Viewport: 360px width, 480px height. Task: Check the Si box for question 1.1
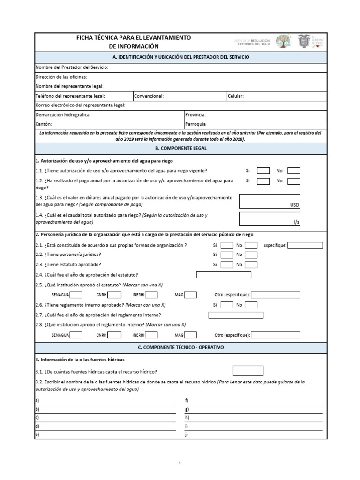(263, 171)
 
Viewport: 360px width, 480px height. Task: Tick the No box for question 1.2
(294, 181)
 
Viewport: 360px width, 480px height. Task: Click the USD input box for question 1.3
(270, 201)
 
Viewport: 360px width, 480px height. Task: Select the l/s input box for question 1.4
(270, 218)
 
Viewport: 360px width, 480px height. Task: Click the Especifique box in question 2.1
(305, 245)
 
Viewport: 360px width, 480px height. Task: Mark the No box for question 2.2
(251, 255)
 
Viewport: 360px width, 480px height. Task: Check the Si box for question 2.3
(227, 264)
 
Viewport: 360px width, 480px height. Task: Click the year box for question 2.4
(224, 275)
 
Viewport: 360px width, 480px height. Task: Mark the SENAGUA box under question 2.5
(76, 295)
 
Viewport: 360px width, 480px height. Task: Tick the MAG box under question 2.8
(190, 335)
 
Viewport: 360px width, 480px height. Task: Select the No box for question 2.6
(251, 305)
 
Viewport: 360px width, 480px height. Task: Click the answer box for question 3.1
(248, 371)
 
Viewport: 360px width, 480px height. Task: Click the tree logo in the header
(283, 42)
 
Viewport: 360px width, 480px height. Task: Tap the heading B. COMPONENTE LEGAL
(180, 148)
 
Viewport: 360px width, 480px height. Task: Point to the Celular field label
(236, 96)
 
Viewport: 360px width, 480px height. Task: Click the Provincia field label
(195, 114)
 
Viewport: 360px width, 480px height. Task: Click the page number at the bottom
(180, 463)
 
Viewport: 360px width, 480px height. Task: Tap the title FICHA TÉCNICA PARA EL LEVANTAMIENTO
(134, 37)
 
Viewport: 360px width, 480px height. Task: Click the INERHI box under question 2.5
(151, 295)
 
